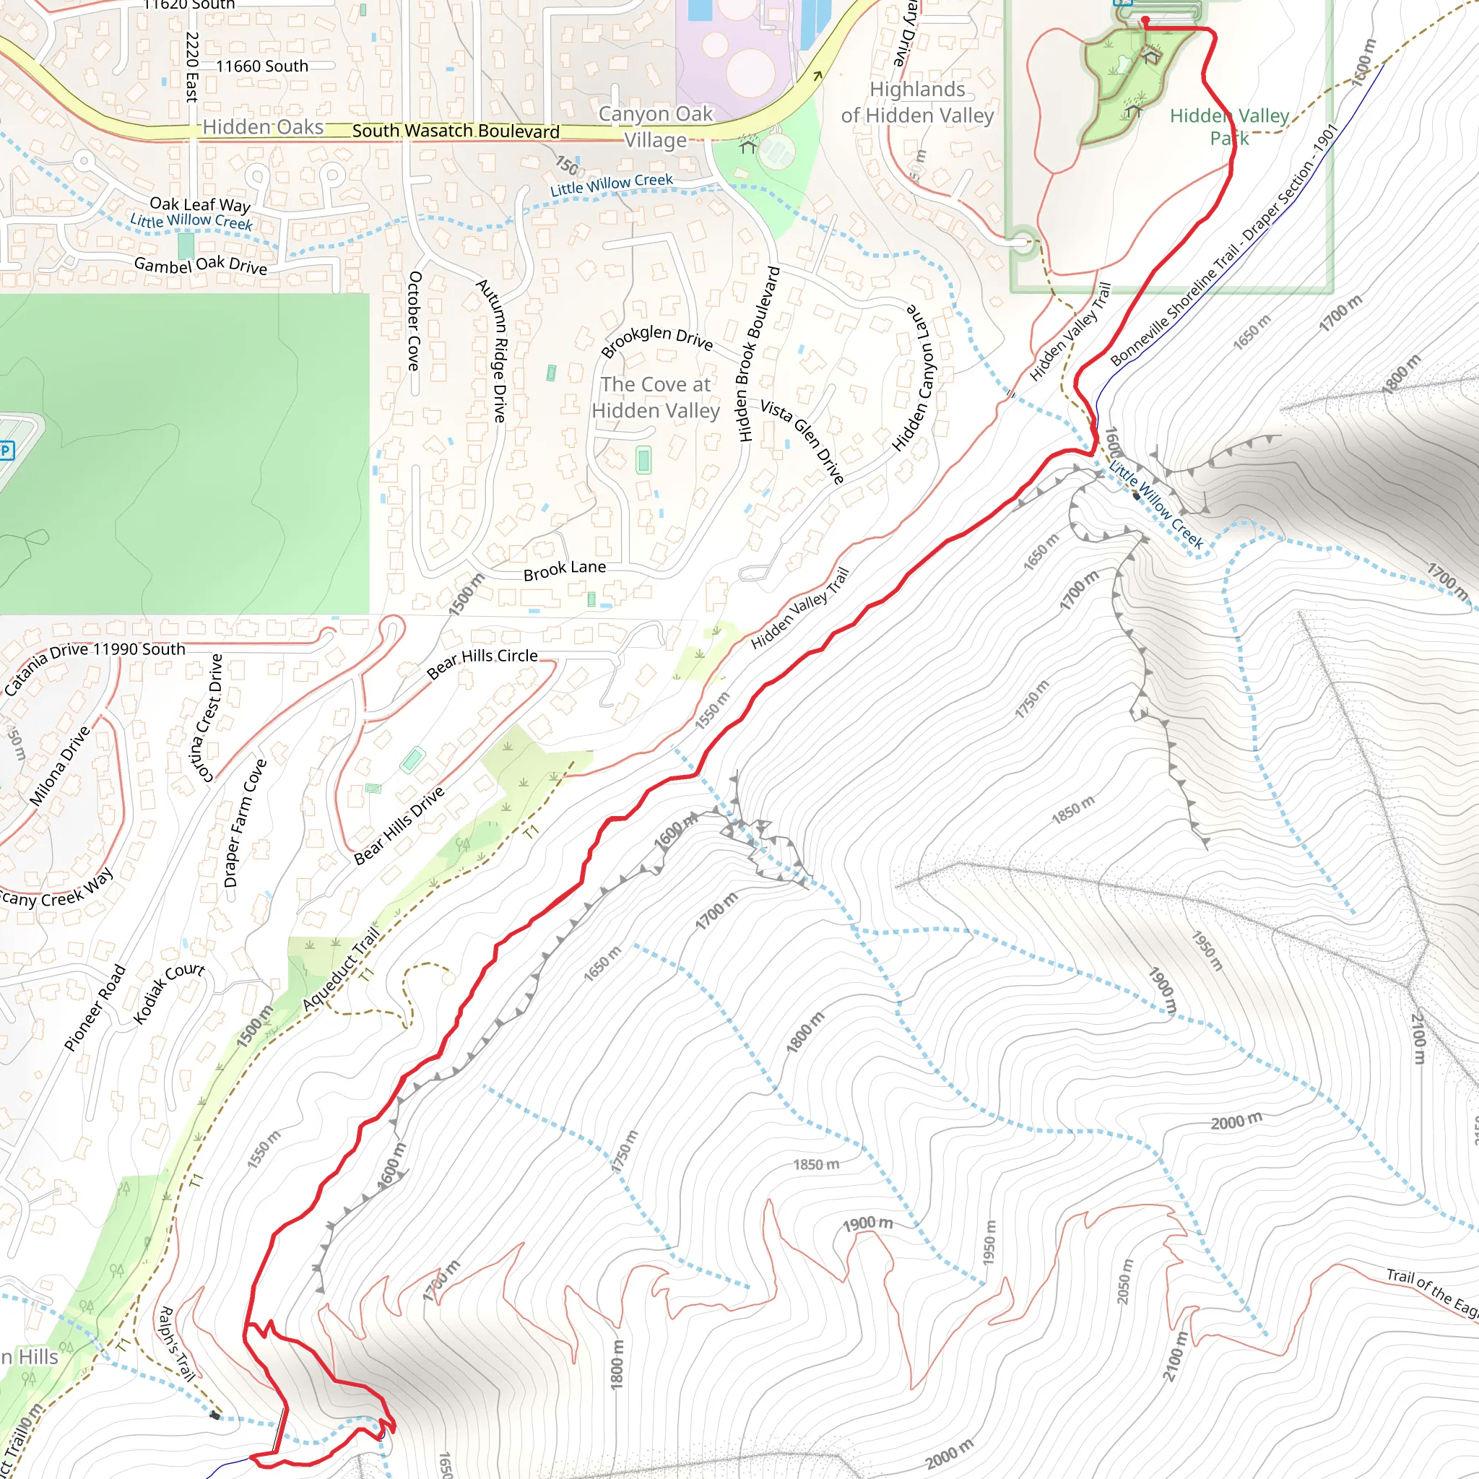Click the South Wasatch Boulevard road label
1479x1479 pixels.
pos(456,131)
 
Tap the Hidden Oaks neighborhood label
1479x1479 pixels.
pos(263,126)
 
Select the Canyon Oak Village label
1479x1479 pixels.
pos(655,127)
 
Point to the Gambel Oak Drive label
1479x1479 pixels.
pos(201,265)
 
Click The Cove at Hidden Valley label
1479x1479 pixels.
pos(655,397)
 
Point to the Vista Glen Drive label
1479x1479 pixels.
pos(802,442)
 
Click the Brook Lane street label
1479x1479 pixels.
pos(564,570)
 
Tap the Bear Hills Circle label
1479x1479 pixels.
pos(482,663)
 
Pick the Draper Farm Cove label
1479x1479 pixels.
pos(244,823)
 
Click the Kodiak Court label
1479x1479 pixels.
pos(168,992)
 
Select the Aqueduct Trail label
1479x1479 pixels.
pos(341,968)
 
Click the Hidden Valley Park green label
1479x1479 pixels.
pos(1229,126)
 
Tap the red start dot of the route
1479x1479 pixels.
pos(1145,20)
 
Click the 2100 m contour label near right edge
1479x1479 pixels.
pos(1418,1037)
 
